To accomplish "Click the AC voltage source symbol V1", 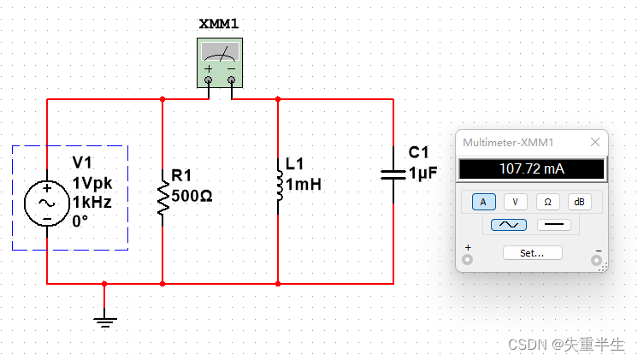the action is [x=47, y=204].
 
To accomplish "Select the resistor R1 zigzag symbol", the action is [x=162, y=198].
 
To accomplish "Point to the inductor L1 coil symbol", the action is [x=279, y=186].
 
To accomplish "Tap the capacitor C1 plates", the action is [x=393, y=175].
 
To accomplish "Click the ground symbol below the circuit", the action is [x=105, y=322].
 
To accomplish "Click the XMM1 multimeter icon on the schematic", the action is [x=220, y=63].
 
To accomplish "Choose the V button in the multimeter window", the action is [x=516, y=202].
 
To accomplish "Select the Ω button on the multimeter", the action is [x=547, y=202].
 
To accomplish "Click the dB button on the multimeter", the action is [x=579, y=202].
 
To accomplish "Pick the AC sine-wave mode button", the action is [x=509, y=225].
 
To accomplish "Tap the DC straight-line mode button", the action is [x=554, y=225].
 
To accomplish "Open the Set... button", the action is [x=533, y=253].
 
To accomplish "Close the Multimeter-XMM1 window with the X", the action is [x=595, y=142].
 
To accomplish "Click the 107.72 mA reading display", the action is [x=532, y=168].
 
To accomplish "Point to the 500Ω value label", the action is [x=192, y=196].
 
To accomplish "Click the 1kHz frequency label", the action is [x=92, y=202].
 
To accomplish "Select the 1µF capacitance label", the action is [x=422, y=174].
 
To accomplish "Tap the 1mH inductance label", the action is [x=304, y=185].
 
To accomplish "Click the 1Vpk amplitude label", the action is [x=92, y=184].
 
